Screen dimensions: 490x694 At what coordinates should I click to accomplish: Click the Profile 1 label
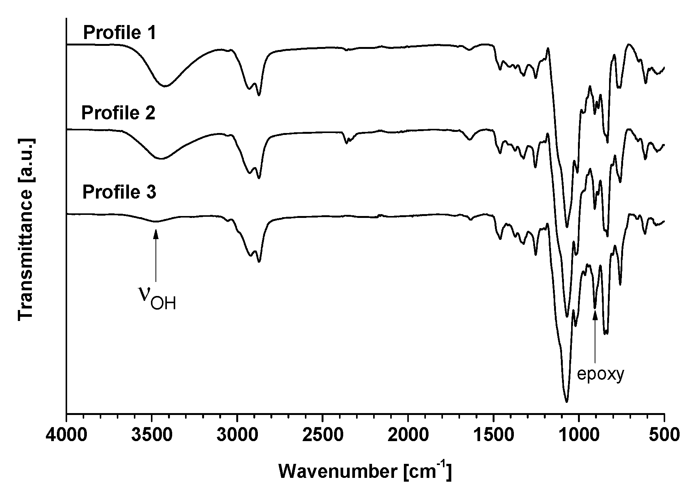click(119, 33)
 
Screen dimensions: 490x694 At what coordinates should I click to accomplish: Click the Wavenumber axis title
click(365, 471)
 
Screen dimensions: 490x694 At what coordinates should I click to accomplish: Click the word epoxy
click(600, 374)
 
